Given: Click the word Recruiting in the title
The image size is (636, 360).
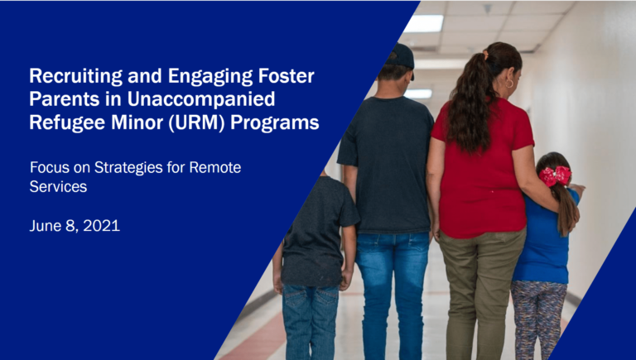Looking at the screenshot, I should click(x=67, y=77).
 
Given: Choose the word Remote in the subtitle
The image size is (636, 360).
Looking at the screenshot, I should click(x=215, y=167).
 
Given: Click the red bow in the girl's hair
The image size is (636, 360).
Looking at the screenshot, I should click(x=555, y=175).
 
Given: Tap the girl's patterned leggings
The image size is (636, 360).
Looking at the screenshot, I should click(x=538, y=319).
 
